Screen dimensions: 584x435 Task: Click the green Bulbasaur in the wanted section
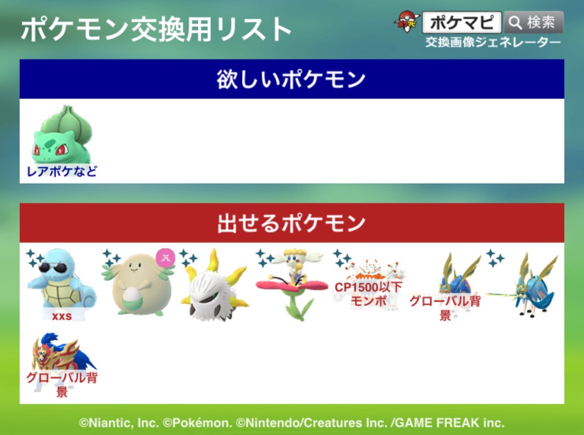tap(62, 135)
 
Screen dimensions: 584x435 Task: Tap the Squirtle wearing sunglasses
tap(62, 281)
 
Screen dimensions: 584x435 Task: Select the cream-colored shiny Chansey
tap(138, 284)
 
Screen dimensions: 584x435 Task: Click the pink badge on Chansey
tap(165, 258)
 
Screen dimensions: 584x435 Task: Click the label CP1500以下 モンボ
tap(369, 294)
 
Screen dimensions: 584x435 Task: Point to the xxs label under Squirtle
tap(62, 316)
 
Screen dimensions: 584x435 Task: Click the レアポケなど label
tap(62, 171)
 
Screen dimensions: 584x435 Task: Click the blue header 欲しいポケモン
tap(291, 79)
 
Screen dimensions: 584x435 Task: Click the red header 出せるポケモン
tap(291, 223)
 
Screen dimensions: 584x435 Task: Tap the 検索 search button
tap(534, 22)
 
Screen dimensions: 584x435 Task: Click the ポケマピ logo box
tap(462, 22)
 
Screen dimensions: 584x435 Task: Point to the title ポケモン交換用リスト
tap(157, 29)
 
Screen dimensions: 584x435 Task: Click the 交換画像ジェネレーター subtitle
tap(493, 43)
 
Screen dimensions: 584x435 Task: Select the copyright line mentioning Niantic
tap(291, 423)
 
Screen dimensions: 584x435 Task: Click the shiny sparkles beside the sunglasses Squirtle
tap(35, 258)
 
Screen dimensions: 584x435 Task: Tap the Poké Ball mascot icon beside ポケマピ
tap(407, 22)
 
